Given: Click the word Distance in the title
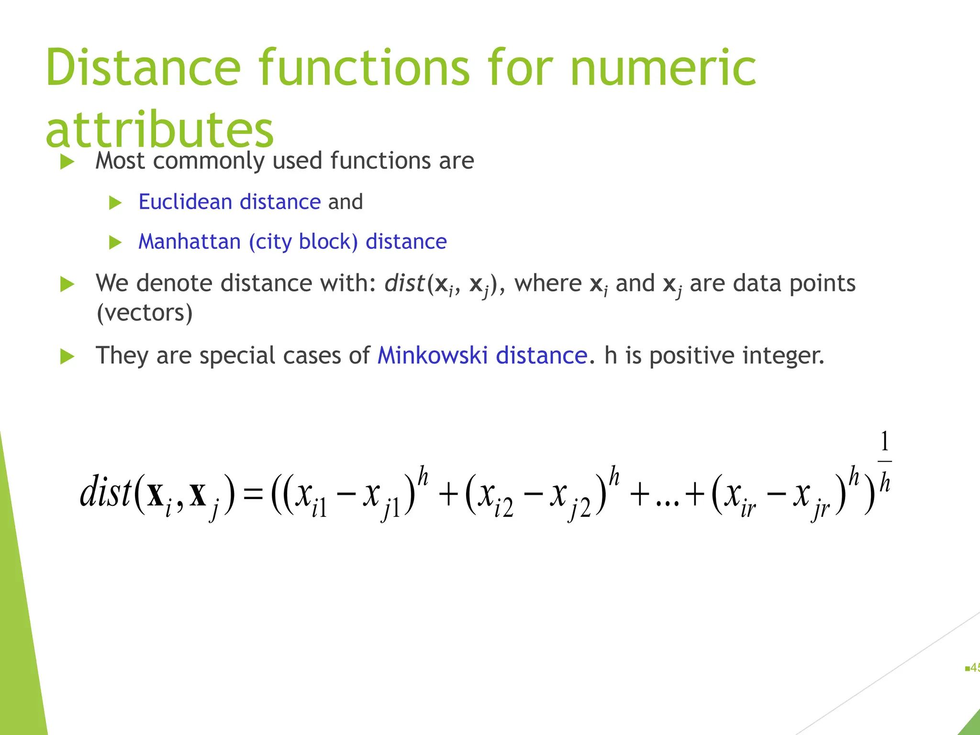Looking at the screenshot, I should [x=143, y=68].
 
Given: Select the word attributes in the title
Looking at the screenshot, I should [x=159, y=130].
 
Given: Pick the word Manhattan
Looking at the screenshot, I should [x=189, y=242].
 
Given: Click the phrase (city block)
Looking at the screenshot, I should [x=303, y=242].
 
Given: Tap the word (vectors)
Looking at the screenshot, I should [x=145, y=313].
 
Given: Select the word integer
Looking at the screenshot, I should [x=783, y=356].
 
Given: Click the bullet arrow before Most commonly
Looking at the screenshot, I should [x=67, y=162].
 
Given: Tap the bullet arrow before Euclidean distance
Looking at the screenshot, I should [x=115, y=203].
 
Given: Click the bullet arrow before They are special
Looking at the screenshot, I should [x=67, y=357].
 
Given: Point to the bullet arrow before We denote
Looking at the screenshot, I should [x=67, y=284].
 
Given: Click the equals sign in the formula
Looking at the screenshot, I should [x=253, y=494].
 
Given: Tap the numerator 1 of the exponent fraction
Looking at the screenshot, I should [x=884, y=441].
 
